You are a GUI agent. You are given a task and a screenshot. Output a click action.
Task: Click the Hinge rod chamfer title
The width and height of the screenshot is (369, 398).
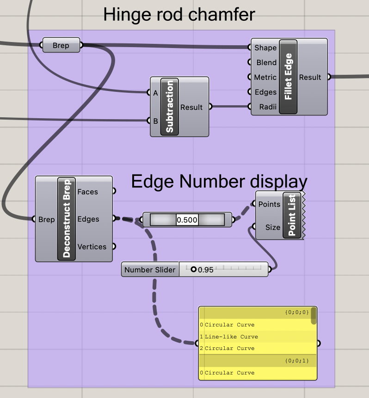179,15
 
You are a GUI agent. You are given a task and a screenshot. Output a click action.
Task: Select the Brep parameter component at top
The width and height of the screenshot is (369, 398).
61,45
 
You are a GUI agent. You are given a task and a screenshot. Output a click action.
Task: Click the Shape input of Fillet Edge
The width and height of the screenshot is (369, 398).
265,48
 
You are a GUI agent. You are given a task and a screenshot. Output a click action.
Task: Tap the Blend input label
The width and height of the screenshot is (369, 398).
266,63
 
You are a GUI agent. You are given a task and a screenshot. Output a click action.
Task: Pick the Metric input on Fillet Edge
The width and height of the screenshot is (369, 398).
265,78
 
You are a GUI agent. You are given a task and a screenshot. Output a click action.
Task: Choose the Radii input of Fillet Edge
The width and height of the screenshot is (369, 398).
268,107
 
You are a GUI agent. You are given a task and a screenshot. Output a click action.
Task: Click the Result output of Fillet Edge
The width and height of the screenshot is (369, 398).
310,78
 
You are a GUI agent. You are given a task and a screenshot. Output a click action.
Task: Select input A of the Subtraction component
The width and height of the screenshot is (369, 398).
155,93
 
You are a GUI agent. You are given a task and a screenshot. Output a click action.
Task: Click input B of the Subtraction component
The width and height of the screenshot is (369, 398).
155,121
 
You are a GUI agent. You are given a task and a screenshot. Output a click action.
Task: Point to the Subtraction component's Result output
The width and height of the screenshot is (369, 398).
191,107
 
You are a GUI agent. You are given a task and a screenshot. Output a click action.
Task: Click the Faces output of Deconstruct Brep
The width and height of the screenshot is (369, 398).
88,192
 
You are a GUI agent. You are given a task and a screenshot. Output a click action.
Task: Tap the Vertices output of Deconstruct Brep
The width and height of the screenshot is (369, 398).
92,247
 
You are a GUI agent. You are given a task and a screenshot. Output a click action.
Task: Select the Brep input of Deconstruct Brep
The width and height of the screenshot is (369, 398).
46,219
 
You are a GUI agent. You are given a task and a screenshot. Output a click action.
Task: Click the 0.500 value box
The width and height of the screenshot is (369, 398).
187,220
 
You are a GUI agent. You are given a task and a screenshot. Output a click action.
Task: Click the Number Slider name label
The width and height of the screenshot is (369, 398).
150,270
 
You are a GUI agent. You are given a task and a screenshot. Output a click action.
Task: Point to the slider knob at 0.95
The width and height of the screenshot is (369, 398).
193,270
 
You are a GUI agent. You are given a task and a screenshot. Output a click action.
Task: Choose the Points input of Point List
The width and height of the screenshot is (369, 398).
269,204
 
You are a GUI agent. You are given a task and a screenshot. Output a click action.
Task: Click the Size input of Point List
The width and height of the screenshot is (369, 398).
272,227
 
